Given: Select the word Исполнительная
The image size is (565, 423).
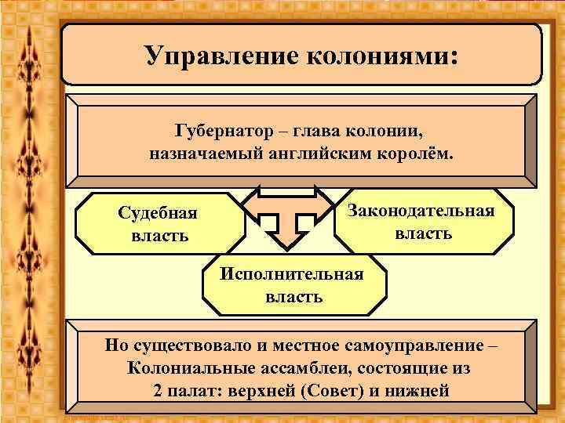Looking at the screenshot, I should click(292, 274).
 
